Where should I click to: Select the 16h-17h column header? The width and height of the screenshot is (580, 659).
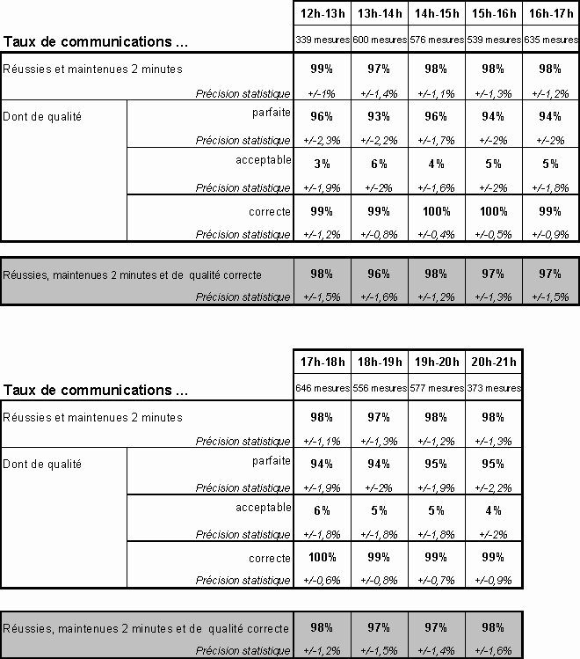(x=549, y=13)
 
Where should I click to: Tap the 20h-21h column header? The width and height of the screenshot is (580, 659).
(x=492, y=362)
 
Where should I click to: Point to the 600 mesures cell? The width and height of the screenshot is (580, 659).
(x=379, y=40)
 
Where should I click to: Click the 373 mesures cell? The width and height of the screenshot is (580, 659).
(x=492, y=388)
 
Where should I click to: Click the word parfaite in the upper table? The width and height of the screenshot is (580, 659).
(x=270, y=113)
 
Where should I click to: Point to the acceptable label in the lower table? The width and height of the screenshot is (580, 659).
(x=263, y=508)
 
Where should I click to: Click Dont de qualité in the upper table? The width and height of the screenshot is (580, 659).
(x=42, y=117)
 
